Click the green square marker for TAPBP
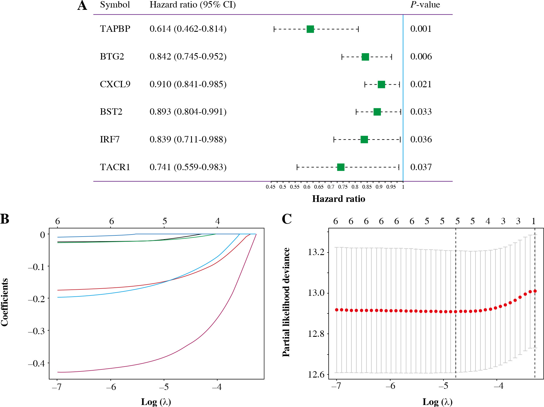click(310, 29)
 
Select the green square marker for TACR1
click(341, 167)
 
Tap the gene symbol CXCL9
click(115, 84)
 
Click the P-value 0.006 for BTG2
click(421, 56)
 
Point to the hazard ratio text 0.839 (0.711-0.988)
click(188, 140)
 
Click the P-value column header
click(425, 5)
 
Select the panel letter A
click(82, 5)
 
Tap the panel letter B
click(5, 219)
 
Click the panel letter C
click(286, 219)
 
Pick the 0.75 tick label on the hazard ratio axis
click(343, 187)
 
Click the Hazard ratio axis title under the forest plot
click(338, 199)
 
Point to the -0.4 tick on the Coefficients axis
click(36, 363)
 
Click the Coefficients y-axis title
click(5, 302)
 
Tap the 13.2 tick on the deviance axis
click(316, 252)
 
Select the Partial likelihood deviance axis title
click(286, 302)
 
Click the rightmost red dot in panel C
click(535, 291)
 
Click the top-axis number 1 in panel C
click(534, 221)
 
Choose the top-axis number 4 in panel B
click(217, 221)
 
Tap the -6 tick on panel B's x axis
click(111, 387)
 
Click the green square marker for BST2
click(377, 112)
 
